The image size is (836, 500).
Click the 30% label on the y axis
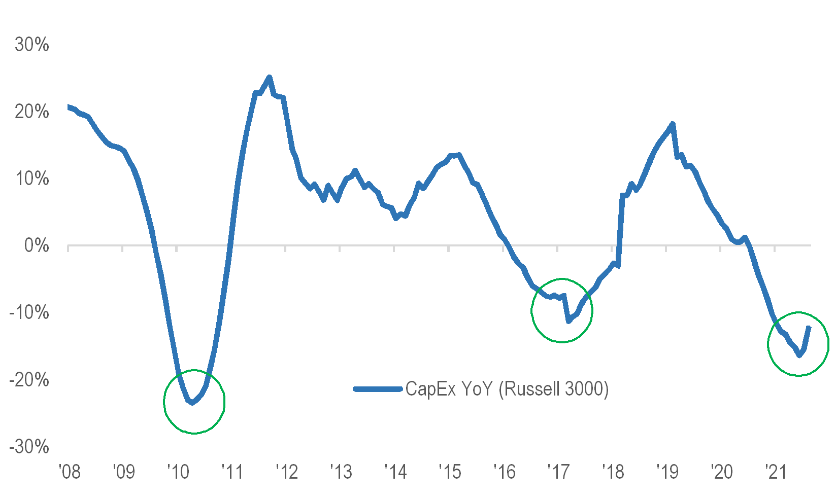click(31, 45)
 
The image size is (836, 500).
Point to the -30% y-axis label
click(29, 447)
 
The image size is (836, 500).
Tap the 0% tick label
click(37, 246)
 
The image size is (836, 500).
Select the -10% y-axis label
click(29, 312)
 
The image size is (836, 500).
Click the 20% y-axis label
click(31, 112)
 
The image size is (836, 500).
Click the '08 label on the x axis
click(70, 472)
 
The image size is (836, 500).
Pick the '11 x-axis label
click(232, 472)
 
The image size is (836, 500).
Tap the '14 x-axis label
click(395, 472)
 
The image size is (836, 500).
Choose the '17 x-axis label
click(558, 472)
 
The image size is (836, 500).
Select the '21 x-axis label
click(776, 472)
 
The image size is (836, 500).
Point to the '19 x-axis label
click(667, 472)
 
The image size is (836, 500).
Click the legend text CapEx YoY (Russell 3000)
click(507, 389)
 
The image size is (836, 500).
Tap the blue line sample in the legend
click(378, 389)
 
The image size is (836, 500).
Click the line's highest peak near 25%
click(269, 77)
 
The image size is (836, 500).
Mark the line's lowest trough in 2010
click(192, 403)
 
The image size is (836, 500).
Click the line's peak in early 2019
click(673, 124)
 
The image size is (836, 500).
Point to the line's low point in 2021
click(799, 355)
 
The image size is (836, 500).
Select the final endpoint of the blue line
click(809, 328)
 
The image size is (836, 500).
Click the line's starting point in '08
click(68, 106)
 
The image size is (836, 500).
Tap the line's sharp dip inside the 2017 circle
click(569, 321)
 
